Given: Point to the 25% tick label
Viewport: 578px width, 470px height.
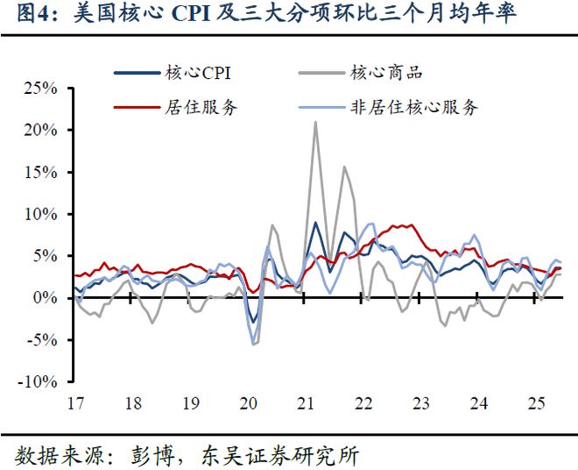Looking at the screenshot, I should pyautogui.click(x=40, y=88).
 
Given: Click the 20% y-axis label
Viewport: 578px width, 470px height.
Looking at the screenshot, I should pyautogui.click(x=40, y=130).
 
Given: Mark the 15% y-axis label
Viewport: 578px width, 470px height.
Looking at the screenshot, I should pyautogui.click(x=40, y=172).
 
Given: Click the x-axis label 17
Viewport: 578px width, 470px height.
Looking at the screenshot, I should pyautogui.click(x=75, y=404).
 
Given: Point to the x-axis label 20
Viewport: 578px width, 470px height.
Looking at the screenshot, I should pyautogui.click(x=248, y=404).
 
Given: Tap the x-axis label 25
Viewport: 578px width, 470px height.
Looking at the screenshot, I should pyautogui.click(x=536, y=404).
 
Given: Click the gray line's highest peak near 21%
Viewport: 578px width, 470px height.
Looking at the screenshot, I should pyautogui.click(x=315, y=122).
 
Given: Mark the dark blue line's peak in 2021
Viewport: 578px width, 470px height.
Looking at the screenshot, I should pyautogui.click(x=315, y=223).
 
